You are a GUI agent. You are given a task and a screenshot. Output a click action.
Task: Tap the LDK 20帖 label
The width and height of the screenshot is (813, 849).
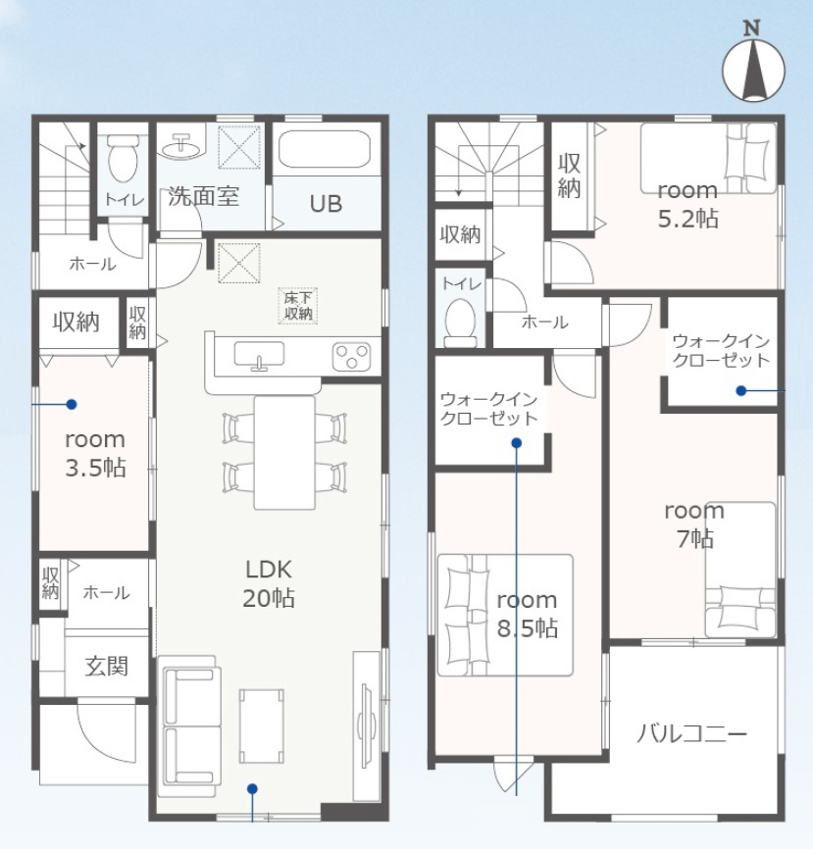(x=269, y=583)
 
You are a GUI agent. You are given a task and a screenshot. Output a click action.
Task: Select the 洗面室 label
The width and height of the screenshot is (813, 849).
(x=203, y=196)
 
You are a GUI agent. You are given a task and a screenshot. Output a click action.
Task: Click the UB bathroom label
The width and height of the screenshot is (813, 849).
(x=326, y=204)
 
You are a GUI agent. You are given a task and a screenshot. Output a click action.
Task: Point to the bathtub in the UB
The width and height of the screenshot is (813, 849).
(x=324, y=148)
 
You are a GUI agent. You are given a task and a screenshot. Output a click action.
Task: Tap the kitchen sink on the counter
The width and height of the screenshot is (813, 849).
(x=259, y=355)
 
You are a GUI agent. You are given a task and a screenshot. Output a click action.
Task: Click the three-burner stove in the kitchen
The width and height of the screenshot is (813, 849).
(x=351, y=357)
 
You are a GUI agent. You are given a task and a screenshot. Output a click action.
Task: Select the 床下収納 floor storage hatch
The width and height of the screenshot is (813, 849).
(x=297, y=306)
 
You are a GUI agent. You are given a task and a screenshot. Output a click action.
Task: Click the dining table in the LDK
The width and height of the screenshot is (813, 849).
(x=285, y=453)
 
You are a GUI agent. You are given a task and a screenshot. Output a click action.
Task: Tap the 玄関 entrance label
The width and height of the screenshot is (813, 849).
(x=107, y=666)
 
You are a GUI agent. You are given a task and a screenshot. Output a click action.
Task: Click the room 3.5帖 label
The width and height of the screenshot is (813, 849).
(x=95, y=454)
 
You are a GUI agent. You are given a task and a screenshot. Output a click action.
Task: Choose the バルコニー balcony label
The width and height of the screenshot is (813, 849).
(x=691, y=734)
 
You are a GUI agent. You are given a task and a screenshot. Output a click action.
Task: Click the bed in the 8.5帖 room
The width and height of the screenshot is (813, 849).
(x=505, y=615)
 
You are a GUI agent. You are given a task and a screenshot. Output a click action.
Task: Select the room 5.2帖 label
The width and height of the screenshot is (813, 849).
(x=687, y=205)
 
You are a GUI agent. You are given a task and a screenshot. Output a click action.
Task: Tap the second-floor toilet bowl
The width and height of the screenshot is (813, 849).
(x=461, y=322)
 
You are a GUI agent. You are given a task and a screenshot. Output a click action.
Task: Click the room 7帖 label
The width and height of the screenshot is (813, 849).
(x=694, y=524)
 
